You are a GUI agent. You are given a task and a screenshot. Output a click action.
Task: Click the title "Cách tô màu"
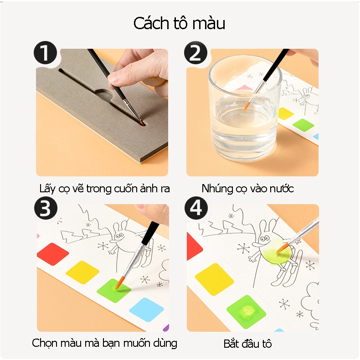tap(179, 23)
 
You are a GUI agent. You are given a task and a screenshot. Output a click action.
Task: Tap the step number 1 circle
tap(46, 52)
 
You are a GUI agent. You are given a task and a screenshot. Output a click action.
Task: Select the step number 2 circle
tap(195, 52)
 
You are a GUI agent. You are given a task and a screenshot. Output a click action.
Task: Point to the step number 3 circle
tap(46, 208)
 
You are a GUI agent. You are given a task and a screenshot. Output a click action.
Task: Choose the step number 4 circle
tap(196, 208)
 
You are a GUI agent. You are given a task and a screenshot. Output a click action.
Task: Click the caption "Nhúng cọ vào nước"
tap(247, 189)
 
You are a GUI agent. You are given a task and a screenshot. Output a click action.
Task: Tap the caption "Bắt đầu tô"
tap(247, 344)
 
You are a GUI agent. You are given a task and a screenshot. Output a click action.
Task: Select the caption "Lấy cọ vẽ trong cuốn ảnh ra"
tap(104, 189)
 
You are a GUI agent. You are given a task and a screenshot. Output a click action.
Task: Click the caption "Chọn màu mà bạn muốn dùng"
tap(104, 343)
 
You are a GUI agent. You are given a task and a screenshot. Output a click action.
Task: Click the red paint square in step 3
tap(53, 254)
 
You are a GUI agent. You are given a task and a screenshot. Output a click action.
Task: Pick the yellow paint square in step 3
tap(82, 273)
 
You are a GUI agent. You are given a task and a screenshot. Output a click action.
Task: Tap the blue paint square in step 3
tap(146, 310)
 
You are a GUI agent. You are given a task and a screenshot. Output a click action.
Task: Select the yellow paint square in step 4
tap(214, 279)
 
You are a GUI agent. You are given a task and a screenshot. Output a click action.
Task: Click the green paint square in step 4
tap(247, 312)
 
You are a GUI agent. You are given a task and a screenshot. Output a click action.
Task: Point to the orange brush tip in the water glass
tap(246, 106)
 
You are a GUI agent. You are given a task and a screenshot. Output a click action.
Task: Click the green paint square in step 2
tap(303, 125)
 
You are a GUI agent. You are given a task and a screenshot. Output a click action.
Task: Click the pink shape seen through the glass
tap(244, 87)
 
